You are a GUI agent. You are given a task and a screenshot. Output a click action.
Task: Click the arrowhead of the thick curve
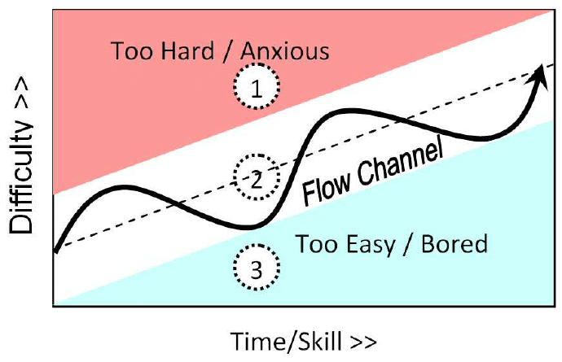538,77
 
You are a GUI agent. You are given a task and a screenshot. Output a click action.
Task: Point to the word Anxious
284,50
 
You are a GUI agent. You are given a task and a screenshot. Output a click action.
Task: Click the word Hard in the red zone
187,50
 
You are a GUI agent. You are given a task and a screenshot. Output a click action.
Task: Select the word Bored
454,244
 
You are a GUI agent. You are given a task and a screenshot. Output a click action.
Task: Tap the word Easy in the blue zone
371,246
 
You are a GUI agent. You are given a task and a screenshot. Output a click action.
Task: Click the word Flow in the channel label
326,188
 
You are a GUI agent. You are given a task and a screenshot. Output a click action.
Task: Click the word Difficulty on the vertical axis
21,178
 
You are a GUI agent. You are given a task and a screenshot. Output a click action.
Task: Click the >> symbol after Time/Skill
363,342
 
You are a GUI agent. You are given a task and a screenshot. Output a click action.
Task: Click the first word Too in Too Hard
133,51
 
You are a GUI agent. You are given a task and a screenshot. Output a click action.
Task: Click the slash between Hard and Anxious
227,52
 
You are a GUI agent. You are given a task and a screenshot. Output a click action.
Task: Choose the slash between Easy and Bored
408,246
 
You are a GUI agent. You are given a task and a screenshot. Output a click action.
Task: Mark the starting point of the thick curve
55,251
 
